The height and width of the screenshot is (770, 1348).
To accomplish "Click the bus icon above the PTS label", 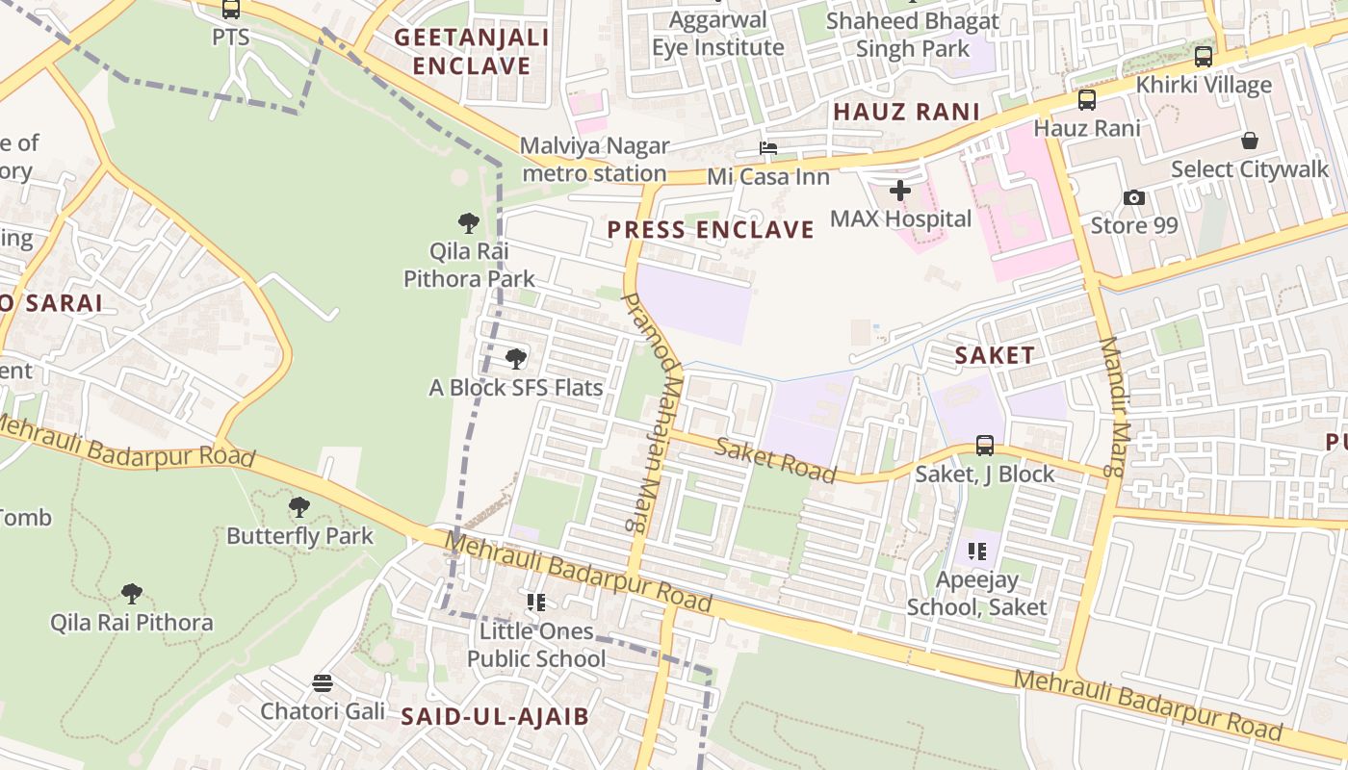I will click(x=230, y=9).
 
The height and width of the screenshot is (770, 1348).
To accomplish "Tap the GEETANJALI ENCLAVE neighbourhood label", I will click(x=472, y=52).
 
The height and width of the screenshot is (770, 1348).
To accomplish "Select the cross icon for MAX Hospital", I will click(x=900, y=191).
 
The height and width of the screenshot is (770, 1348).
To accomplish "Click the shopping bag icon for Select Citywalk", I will click(x=1250, y=141).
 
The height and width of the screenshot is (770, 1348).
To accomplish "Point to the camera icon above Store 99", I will click(x=1134, y=197).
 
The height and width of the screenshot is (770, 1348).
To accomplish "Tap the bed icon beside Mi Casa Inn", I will click(x=767, y=148).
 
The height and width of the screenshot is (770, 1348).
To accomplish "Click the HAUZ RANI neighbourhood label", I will click(x=906, y=112).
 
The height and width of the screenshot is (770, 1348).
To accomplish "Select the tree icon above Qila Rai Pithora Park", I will click(x=469, y=223).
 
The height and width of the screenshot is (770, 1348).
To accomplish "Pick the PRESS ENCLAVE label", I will click(x=711, y=229).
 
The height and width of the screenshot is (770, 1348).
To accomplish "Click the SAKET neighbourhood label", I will click(x=995, y=355).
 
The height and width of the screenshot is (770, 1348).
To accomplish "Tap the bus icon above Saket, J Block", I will click(x=984, y=445).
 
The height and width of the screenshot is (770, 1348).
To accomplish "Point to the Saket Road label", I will click(x=776, y=459).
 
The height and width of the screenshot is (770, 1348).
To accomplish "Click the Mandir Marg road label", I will click(x=1113, y=407).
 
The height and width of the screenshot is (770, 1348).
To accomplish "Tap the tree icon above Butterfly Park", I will click(x=299, y=506).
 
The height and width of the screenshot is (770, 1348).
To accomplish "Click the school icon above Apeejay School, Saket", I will click(x=977, y=552).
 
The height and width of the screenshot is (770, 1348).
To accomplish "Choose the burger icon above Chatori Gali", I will click(x=323, y=683).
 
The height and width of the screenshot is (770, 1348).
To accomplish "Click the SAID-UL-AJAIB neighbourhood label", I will click(x=495, y=716).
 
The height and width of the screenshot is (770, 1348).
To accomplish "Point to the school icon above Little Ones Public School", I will click(x=536, y=603).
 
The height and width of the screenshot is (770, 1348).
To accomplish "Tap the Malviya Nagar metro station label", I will click(x=595, y=160).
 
